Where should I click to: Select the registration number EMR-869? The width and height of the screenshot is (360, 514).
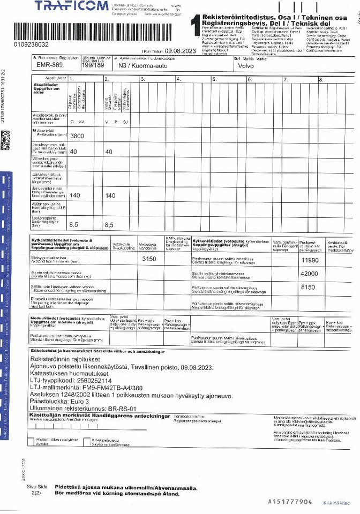47,65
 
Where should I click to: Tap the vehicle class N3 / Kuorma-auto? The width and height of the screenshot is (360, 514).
140,65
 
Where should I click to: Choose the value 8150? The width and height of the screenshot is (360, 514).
310,288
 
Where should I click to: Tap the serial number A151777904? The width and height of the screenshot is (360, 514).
289,502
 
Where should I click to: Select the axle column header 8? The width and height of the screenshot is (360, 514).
321,79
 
